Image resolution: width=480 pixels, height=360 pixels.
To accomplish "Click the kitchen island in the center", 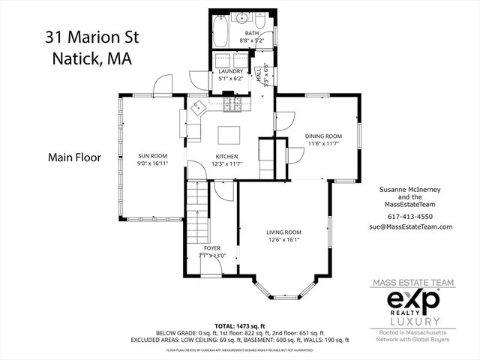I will pos(229,134).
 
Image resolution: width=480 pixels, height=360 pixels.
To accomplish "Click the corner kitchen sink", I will pos(198,107).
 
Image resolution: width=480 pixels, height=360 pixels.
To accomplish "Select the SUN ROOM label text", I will pos(151,156).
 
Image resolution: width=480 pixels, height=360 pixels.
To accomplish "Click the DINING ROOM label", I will pos(323,136).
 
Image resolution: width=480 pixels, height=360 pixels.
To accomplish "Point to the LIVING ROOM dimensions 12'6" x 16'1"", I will pos(283,239).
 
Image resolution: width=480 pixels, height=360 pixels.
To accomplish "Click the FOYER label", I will pos(212,248).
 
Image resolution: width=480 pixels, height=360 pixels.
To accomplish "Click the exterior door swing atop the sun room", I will pos(162,85).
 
